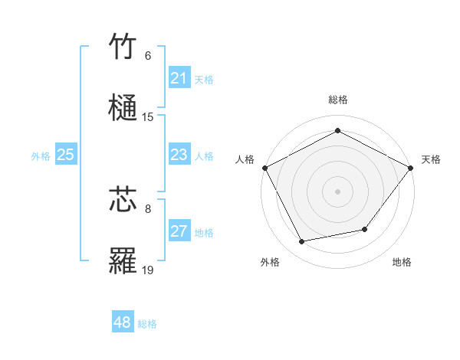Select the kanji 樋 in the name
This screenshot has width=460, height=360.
123,107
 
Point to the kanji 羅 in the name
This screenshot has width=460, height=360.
123,260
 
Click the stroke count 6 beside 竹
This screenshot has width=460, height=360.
148,56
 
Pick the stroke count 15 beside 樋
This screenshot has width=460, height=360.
148,117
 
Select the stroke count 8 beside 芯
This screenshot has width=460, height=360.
148,208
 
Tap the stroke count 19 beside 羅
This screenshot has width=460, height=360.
148,270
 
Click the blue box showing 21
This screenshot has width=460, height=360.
179,78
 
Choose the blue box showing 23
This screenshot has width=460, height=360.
179,155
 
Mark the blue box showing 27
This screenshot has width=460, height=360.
179,232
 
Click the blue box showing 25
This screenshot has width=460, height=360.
65,155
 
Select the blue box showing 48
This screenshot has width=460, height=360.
123,322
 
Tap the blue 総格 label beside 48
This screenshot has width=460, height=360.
147,324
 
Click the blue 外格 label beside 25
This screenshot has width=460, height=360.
41,156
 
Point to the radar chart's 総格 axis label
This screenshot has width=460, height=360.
337,100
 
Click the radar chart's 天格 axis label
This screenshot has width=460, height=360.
431,159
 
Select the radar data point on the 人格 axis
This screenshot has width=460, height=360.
264,167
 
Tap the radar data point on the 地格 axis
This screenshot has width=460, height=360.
365,229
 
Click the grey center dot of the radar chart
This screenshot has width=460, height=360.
337,191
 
